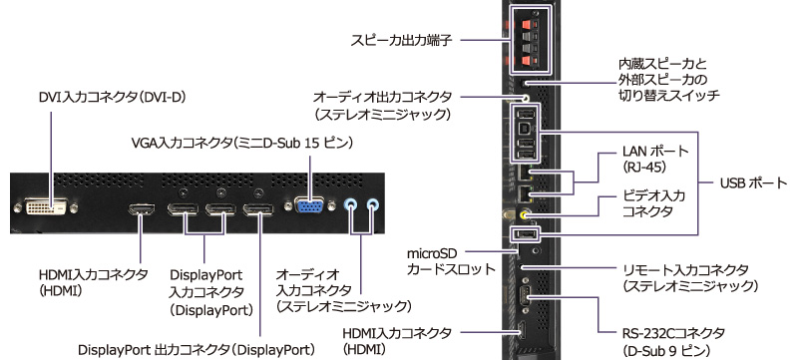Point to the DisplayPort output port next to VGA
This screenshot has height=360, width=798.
click(x=259, y=210)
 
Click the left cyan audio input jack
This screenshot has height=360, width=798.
click(x=349, y=205)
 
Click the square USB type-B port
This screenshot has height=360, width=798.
click(x=526, y=130)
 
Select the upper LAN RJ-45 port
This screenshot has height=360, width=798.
click(x=526, y=174)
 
